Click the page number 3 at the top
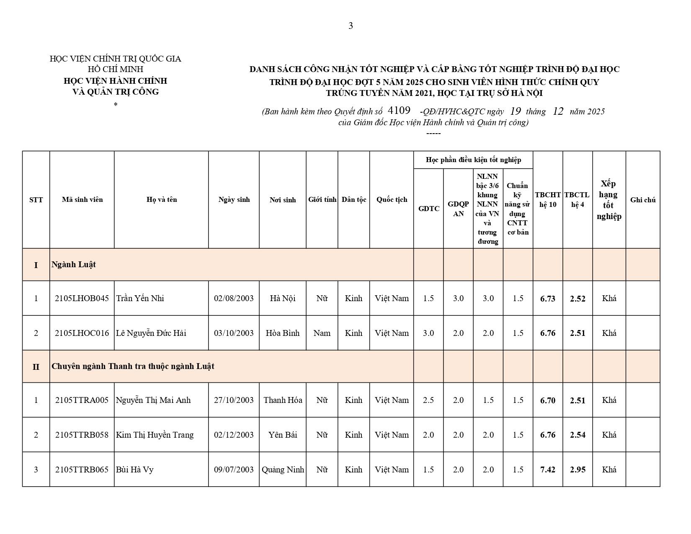point(351,26)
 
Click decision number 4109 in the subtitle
point(399,111)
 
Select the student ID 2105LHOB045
point(82,299)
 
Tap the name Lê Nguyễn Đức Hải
point(151,333)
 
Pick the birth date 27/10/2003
point(234,400)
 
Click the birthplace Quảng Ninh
point(283,470)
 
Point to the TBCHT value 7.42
point(548,470)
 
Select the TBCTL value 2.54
point(578,435)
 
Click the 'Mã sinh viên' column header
point(82,200)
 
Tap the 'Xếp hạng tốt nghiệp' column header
point(609,200)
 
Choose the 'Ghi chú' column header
point(643,200)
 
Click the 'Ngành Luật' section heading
point(74,265)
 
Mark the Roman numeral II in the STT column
point(36,367)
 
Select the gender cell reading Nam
point(322,333)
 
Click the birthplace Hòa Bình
point(283,333)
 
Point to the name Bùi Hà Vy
point(134,470)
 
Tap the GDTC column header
point(428,209)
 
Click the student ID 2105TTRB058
point(82,435)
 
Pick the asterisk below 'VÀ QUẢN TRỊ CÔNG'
point(116,104)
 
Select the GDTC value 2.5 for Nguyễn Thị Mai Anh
point(428,400)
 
